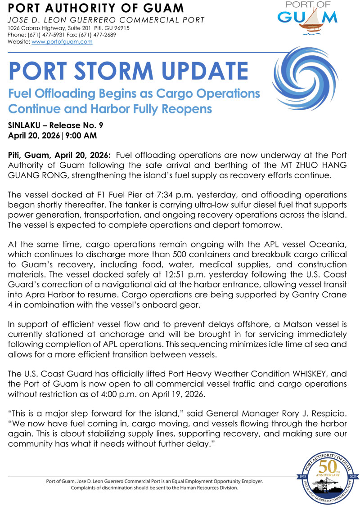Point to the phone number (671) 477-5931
tap(43, 35)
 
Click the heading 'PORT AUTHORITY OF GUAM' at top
tap(96, 8)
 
